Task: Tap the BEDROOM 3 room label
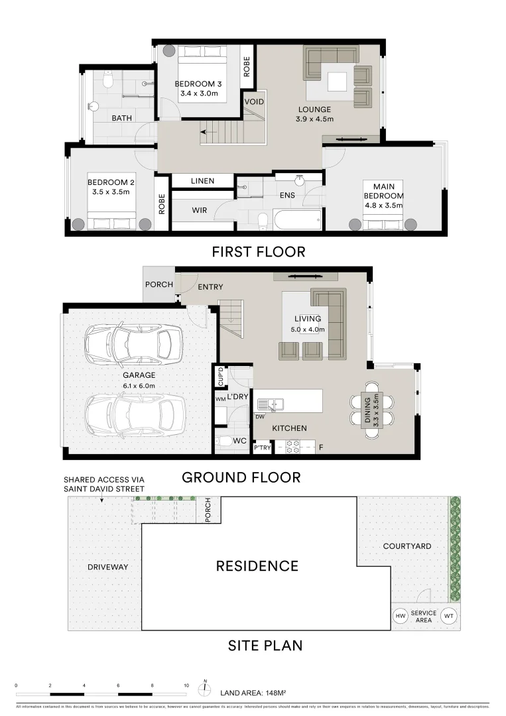(198, 84)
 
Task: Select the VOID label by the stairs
(254, 102)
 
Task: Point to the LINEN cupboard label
(202, 181)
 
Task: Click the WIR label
(200, 210)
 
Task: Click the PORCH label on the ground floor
(158, 284)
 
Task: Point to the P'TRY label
(262, 449)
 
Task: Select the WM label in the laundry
(220, 399)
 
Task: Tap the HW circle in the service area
(401, 616)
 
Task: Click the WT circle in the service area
(449, 616)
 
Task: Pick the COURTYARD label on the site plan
(407, 546)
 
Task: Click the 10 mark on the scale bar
(186, 686)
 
